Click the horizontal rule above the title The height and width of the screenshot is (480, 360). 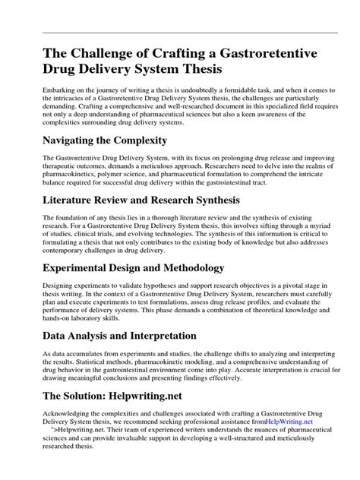coord(180,33)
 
